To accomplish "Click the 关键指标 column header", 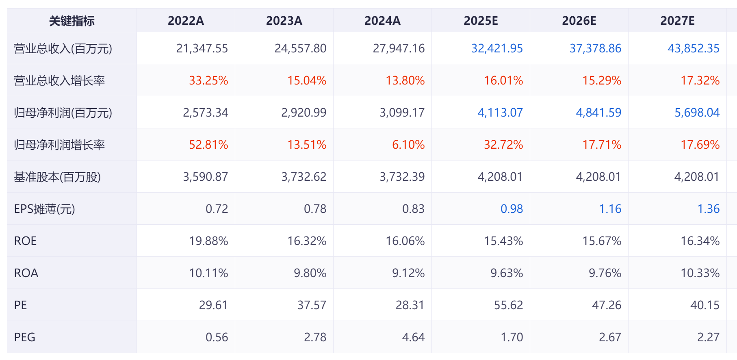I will point(72,21).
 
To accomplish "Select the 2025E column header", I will point(481,21).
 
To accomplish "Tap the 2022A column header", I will point(186,21).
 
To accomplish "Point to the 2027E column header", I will point(677,21).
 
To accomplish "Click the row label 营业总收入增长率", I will point(59,80).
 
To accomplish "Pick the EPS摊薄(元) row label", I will point(45,209).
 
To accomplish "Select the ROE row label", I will point(25,241).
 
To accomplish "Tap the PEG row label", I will point(25,337).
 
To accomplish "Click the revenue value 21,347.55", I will point(202,48).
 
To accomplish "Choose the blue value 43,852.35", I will point(694,48).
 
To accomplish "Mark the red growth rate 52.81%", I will point(208,145).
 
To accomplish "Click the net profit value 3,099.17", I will point(402,113).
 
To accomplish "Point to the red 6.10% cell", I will point(408,145).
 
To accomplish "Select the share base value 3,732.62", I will point(303,177).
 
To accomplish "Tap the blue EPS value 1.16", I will point(610,209).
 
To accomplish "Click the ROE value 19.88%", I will point(208,241).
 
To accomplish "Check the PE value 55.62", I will point(508,305).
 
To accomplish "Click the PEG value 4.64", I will point(413,337).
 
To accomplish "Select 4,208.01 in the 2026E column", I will point(598,177).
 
